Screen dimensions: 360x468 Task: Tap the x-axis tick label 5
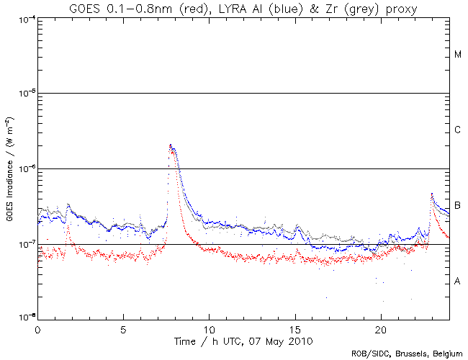(x=123, y=328)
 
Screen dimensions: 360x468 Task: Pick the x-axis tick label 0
(x=37, y=328)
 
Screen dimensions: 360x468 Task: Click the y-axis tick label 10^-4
(x=24, y=18)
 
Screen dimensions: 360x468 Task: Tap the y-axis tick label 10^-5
(x=24, y=93)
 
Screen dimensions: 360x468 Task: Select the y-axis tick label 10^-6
(x=24, y=168)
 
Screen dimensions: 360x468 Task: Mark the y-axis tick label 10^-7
(x=24, y=244)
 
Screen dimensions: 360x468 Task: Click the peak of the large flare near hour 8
(x=171, y=145)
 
